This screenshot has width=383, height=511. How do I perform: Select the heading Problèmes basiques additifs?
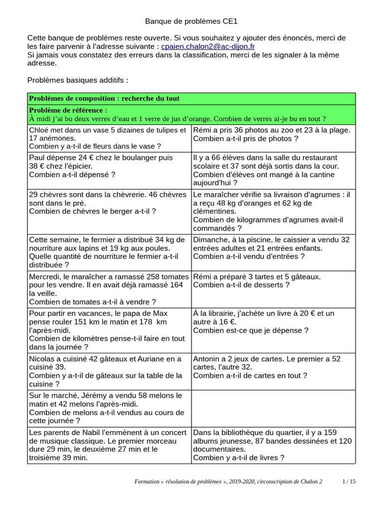(x=77, y=80)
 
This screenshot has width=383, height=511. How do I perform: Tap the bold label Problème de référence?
(x=68, y=110)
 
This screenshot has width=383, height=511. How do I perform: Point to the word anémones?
(x=58, y=138)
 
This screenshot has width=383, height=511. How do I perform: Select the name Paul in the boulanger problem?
(x=37, y=157)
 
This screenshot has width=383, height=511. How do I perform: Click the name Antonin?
(x=207, y=359)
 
